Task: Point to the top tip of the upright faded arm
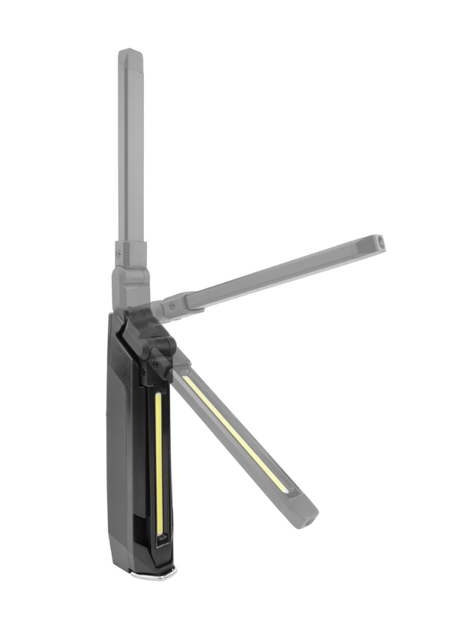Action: coord(129,53)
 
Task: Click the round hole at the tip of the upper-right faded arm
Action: coord(377,241)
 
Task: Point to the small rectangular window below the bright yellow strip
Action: coord(160,542)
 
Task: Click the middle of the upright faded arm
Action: coord(131,149)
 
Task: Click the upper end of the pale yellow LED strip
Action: coord(187,379)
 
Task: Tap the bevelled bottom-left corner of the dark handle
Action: coord(116,554)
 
